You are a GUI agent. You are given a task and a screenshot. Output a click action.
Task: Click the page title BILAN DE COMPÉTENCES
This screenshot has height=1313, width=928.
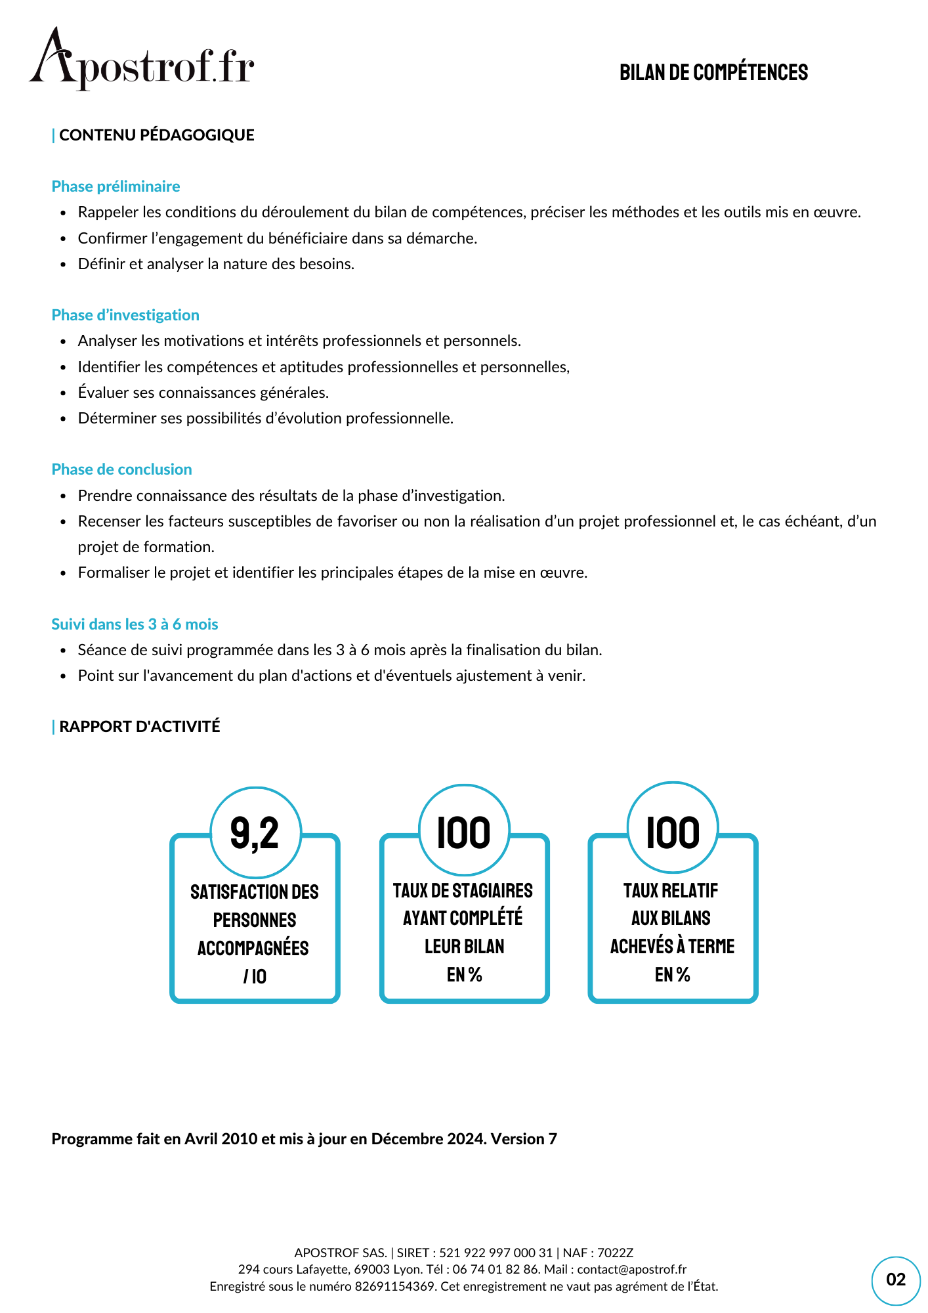713,73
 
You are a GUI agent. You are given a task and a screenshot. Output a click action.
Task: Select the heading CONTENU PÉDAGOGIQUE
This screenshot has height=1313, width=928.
156,135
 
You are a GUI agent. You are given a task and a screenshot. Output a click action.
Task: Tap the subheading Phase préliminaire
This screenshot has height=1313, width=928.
116,186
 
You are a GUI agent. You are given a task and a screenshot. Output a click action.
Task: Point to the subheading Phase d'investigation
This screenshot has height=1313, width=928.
125,315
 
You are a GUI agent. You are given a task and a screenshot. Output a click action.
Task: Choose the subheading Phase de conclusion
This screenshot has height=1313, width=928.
121,469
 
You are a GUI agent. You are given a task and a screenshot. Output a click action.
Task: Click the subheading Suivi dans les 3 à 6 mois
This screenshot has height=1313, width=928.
135,624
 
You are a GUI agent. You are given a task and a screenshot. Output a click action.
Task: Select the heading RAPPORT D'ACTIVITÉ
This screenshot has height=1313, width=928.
139,727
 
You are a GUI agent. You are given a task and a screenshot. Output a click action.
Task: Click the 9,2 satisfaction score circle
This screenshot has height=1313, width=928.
255,832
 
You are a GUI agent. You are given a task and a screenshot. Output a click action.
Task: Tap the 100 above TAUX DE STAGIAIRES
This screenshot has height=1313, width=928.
464,831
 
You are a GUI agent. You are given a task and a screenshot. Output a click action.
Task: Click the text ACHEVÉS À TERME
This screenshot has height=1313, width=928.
672,946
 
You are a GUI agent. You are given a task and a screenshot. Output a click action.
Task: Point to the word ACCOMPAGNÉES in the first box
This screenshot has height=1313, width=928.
253,948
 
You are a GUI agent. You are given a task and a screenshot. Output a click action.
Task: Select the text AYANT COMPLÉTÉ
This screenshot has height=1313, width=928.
463,918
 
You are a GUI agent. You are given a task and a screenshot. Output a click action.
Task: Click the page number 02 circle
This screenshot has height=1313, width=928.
895,1280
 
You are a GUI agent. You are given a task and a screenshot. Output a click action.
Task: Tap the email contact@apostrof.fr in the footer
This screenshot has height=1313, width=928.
631,1269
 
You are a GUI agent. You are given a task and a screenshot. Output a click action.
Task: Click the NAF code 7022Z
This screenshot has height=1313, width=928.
615,1253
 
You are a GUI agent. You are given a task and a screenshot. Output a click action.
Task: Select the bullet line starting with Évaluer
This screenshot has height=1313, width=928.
203,393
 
